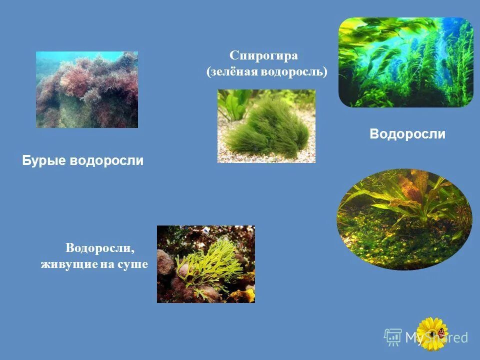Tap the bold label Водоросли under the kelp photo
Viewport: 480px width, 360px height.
coord(407,134)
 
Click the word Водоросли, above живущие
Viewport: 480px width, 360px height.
coord(100,248)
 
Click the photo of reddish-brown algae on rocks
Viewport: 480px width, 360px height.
coord(87,89)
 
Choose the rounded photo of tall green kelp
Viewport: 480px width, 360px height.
coord(405,62)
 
